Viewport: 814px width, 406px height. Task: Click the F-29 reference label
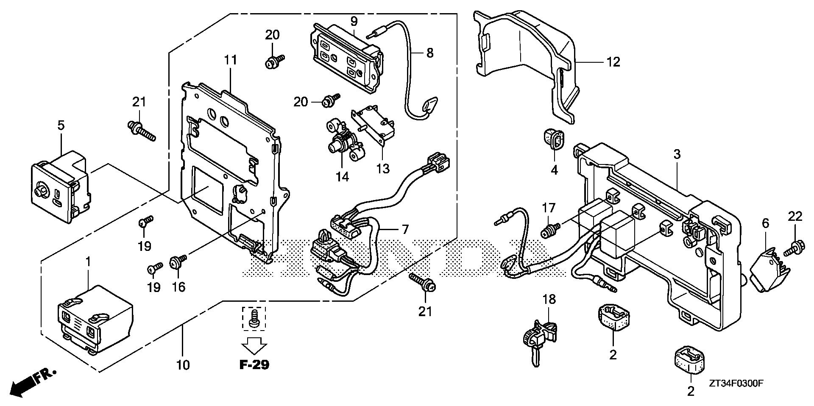(254, 365)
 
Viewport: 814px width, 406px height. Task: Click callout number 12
(613, 62)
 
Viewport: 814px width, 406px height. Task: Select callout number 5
(61, 125)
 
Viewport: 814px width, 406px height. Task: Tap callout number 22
(795, 217)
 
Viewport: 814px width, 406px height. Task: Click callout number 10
(183, 364)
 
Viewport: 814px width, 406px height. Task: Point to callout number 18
(549, 299)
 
